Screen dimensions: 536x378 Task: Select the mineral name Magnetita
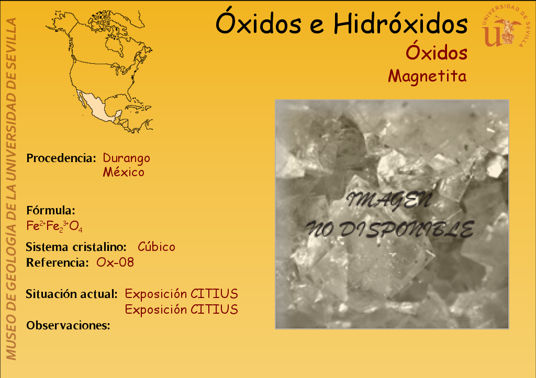point(427,76)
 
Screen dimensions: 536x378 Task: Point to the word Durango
point(127,158)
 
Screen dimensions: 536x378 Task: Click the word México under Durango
point(124,172)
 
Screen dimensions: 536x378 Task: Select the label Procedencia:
point(61,158)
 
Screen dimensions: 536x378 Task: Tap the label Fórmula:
point(51,210)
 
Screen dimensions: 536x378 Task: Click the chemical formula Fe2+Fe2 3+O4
point(54,226)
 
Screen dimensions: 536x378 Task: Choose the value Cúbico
point(156,246)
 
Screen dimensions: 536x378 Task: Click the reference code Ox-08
point(115,262)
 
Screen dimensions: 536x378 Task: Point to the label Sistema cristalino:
point(76,247)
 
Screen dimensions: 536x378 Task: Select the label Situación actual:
point(72,294)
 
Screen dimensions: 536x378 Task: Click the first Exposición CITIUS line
point(182,294)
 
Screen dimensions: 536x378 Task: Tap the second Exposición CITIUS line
point(182,310)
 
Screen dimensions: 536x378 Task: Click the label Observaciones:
point(69,325)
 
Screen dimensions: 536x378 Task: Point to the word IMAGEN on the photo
point(389,200)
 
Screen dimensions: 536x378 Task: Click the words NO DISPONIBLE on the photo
point(389,229)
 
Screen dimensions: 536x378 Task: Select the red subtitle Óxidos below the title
point(437,52)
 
